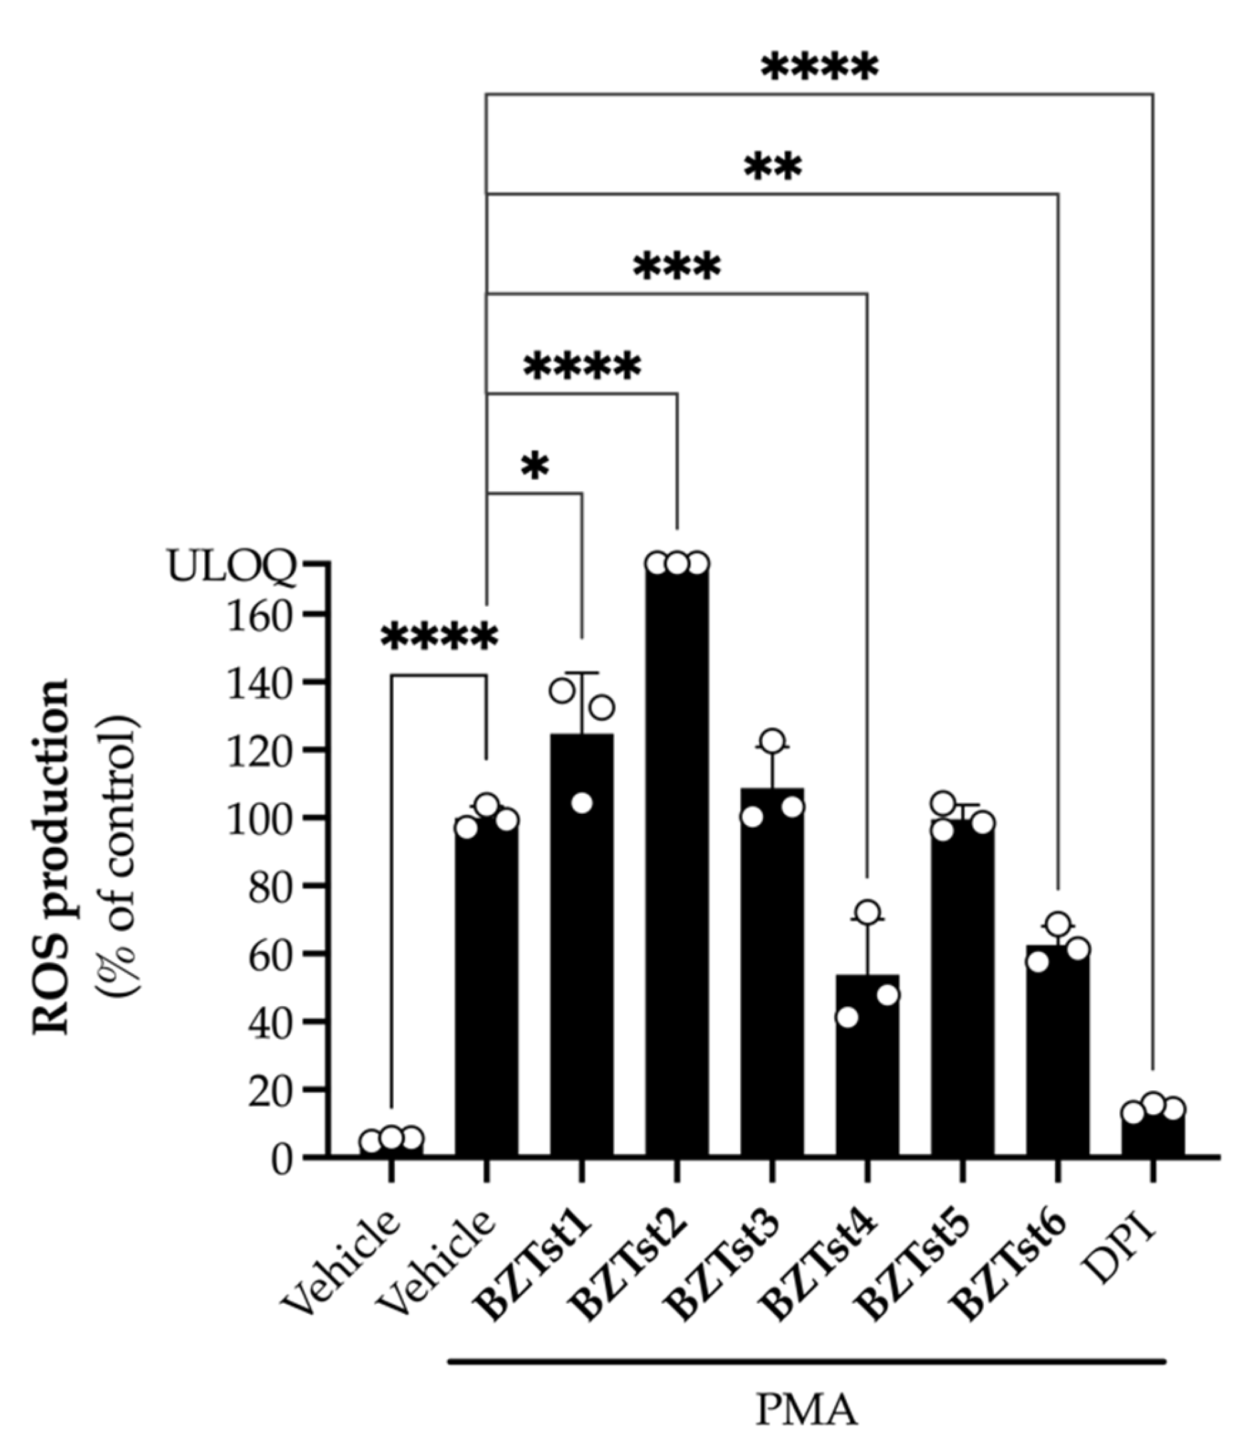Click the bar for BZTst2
676,860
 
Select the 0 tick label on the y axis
281,1159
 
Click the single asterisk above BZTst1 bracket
535,467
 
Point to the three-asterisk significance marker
676,267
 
